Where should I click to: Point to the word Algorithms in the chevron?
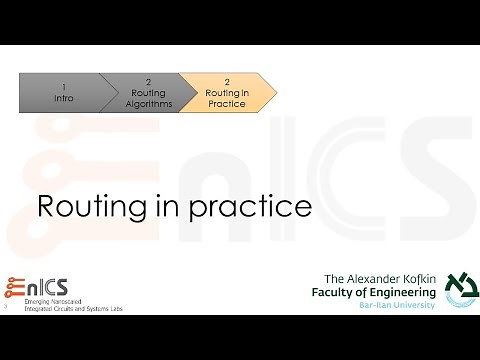[151, 103]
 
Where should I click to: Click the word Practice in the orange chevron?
[226, 104]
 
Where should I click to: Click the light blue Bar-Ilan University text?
[396, 304]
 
